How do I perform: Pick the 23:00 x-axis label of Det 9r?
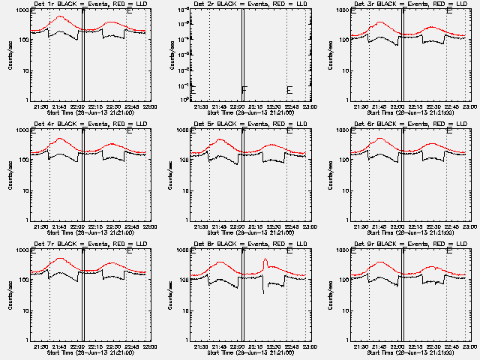click(x=467, y=346)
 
